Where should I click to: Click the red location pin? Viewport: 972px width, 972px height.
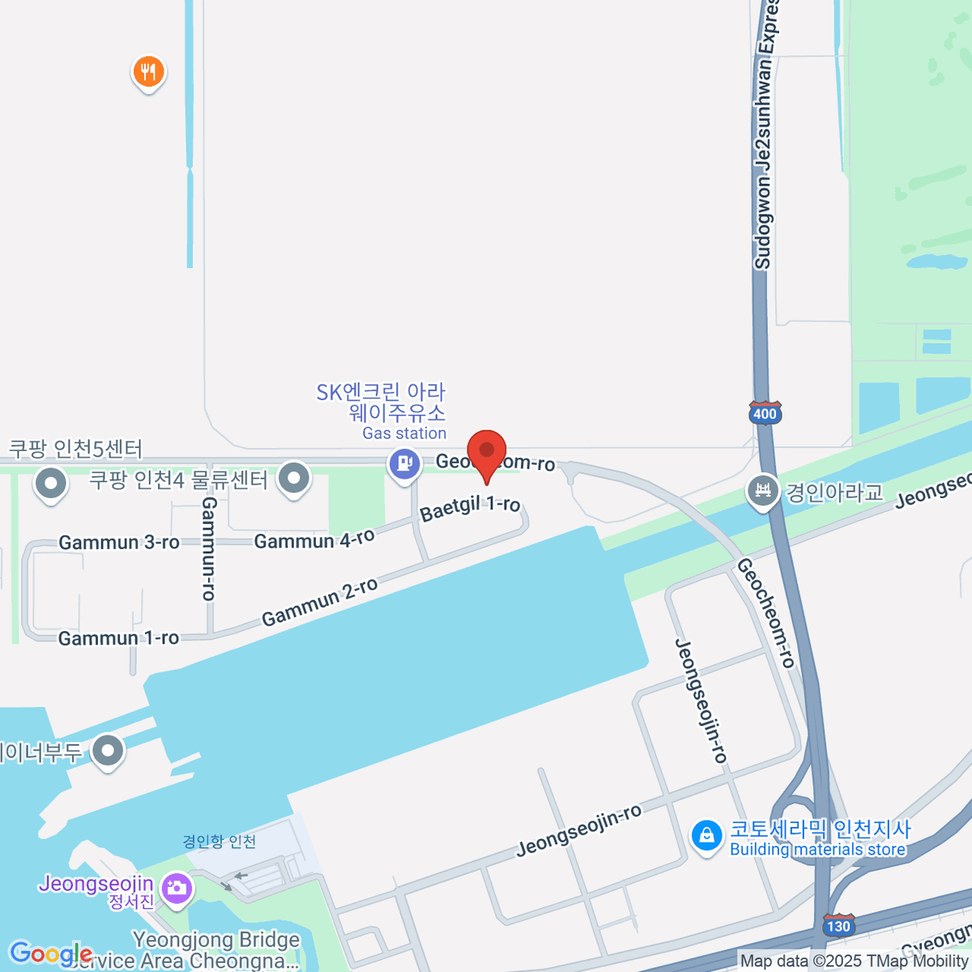487,453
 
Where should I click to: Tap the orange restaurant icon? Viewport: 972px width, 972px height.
148,73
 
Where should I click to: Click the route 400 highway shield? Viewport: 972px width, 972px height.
765,414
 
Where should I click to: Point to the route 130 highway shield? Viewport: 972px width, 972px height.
838,926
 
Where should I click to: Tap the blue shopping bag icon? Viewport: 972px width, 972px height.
706,836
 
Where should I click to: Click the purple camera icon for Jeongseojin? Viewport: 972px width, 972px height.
176,889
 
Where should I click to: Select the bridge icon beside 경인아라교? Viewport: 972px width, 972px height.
762,491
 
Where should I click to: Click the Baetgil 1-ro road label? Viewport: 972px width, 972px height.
470,508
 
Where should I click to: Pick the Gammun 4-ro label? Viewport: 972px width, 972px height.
314,539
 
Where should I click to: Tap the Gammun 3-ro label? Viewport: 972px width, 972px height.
119,542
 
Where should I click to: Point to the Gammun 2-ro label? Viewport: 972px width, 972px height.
319,602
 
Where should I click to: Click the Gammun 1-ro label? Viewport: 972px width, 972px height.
118,638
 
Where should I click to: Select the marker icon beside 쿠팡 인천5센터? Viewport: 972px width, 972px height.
50,484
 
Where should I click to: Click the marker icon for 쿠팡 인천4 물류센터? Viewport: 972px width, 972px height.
293,478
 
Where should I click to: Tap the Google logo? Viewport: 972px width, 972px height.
50,953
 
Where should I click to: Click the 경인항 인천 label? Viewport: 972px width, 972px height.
219,842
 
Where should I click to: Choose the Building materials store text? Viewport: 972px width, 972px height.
817,850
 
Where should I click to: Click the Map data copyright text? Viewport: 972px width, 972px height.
855,961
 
